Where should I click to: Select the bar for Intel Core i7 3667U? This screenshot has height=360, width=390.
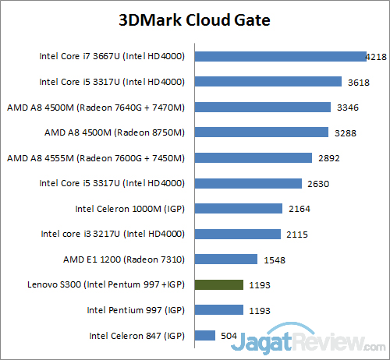pyautogui.click(x=280, y=56)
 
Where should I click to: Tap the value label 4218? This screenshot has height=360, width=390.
pyautogui.click(x=377, y=56)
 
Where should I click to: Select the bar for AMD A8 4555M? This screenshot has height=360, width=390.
pyautogui.click(x=253, y=157)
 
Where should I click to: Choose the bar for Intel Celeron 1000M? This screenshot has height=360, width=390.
pyautogui.click(x=238, y=208)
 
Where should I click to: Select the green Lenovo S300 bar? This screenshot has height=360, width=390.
pyautogui.click(x=218, y=284)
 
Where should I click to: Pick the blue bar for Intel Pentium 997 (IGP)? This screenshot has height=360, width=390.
pyautogui.click(x=218, y=309)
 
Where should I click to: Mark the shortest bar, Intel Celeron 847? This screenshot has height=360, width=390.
pyautogui.click(x=204, y=335)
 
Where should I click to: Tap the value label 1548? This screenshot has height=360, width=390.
pyautogui.click(x=275, y=259)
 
